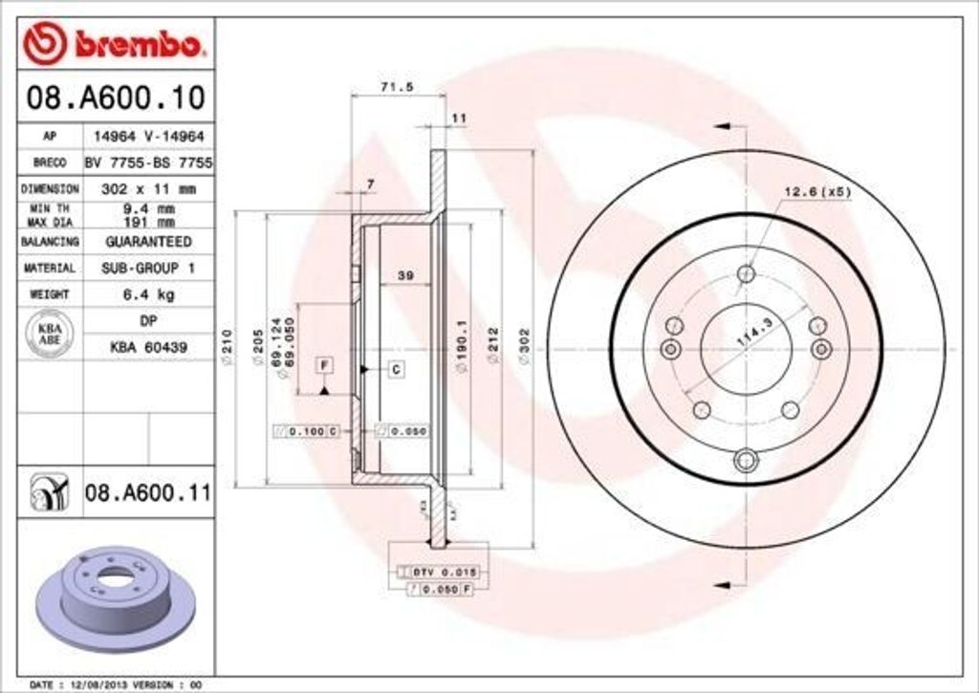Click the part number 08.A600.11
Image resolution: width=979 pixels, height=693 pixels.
pyautogui.click(x=146, y=493)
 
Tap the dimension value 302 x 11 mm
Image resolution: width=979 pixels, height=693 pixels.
pyautogui.click(x=148, y=189)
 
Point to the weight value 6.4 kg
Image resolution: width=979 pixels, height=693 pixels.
pyautogui.click(x=148, y=294)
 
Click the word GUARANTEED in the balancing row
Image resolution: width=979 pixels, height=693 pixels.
pyautogui.click(x=148, y=242)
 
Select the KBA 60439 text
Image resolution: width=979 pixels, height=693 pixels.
pyautogui.click(x=148, y=347)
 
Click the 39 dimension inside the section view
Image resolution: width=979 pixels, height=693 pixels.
pyautogui.click(x=404, y=276)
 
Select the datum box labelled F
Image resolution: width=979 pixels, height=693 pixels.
pyautogui.click(x=325, y=365)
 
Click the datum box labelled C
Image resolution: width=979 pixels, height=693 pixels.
pyautogui.click(x=396, y=368)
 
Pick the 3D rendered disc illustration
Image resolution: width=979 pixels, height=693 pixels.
pyautogui.click(x=115, y=593)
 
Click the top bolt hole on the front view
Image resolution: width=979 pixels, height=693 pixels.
pyautogui.click(x=746, y=274)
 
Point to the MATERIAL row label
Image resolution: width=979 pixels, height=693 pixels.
pyautogui.click(x=50, y=269)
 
